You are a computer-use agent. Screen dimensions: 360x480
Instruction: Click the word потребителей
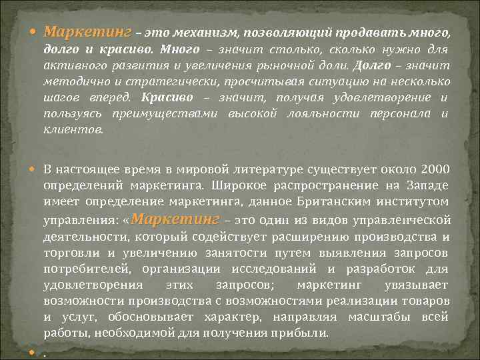[83, 268]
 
